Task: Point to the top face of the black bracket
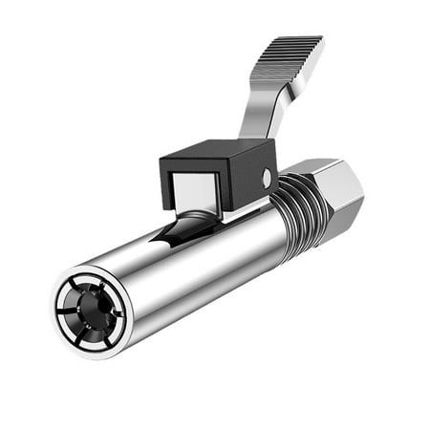[x=215, y=150]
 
